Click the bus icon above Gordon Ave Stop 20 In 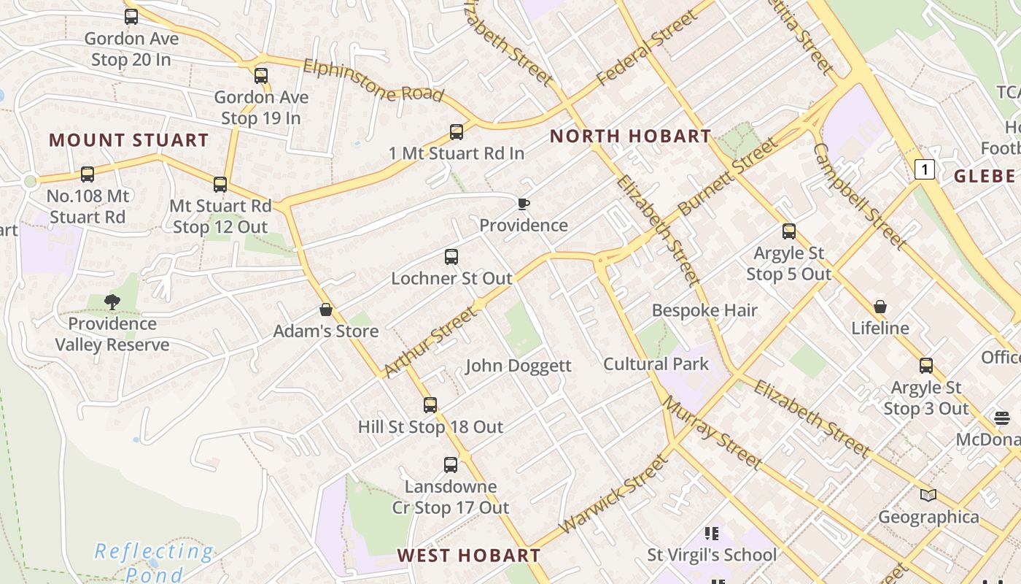[x=131, y=16]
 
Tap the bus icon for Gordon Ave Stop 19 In [x=261, y=75]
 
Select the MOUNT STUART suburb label [x=129, y=140]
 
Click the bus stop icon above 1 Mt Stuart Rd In [x=457, y=132]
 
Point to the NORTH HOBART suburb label [x=630, y=136]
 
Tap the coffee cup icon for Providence [x=523, y=204]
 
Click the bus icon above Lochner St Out [x=451, y=257]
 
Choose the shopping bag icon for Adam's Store [x=326, y=310]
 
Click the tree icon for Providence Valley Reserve [x=112, y=301]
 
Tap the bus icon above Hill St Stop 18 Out [x=430, y=405]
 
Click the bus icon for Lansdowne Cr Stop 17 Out [x=451, y=465]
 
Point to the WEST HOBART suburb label [x=469, y=556]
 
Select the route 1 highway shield [x=925, y=170]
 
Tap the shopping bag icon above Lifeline [x=880, y=307]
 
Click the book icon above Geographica [x=928, y=496]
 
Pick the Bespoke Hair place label [x=704, y=310]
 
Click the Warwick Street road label [x=613, y=493]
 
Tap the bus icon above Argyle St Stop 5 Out [x=789, y=231]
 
